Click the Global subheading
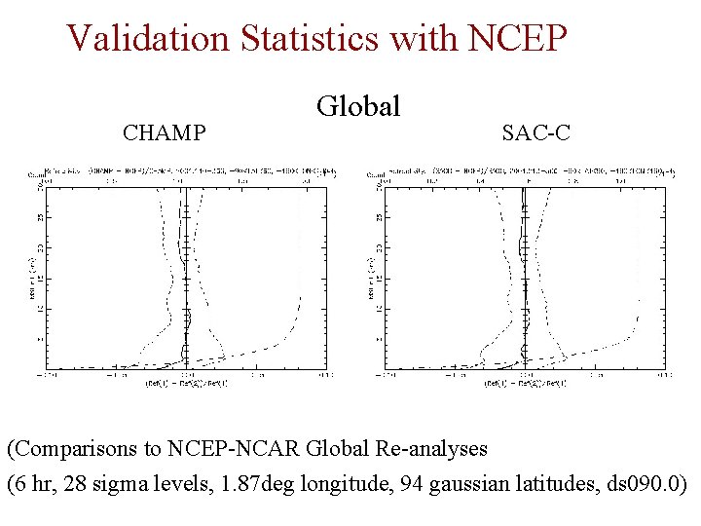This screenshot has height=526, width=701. tap(358, 106)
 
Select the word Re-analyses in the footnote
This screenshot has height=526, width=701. tap(434, 449)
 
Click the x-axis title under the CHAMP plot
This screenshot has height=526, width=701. tap(186, 383)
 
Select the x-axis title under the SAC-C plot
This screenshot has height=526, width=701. tap(526, 383)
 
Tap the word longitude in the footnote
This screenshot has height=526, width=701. tap(337, 484)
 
